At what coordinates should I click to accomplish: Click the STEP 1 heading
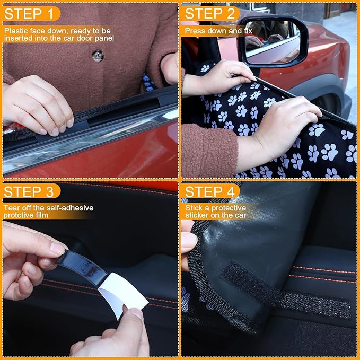click(30, 13)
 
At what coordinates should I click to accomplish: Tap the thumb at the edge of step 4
click(188, 241)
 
